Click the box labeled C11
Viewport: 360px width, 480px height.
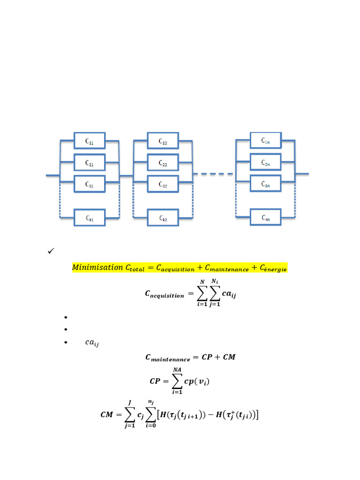pyautogui.click(x=89, y=141)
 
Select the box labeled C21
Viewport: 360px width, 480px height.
pyautogui.click(x=89, y=163)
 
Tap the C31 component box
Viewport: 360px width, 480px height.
pyautogui.click(x=89, y=184)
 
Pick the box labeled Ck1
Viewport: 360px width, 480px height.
pyautogui.click(x=89, y=218)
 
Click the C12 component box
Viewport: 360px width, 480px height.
pyautogui.click(x=163, y=141)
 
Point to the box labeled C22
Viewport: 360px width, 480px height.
pyautogui.click(x=163, y=163)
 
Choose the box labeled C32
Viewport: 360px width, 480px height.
pyautogui.click(x=163, y=184)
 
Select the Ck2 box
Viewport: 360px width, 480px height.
pyautogui.click(x=163, y=218)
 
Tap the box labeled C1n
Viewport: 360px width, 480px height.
pyautogui.click(x=265, y=140)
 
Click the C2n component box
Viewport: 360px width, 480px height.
pyautogui.click(x=265, y=162)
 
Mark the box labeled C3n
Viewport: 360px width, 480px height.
pyautogui.click(x=265, y=184)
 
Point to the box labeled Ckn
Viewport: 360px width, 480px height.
pyautogui.click(x=265, y=217)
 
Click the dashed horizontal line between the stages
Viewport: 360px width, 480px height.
pyautogui.click(x=214, y=174)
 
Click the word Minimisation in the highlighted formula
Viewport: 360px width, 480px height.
pyautogui.click(x=97, y=267)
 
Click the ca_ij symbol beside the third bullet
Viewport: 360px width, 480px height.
pyautogui.click(x=92, y=343)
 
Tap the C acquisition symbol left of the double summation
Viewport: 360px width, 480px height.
pyautogui.click(x=165, y=294)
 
